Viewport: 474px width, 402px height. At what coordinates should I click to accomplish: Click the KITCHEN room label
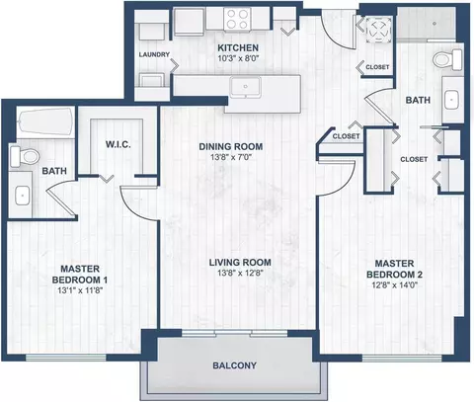tap(238, 48)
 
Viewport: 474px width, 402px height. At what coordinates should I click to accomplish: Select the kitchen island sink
tap(246, 87)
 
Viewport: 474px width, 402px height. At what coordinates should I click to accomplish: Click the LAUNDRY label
tap(154, 54)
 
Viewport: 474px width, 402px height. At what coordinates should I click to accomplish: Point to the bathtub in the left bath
tap(46, 121)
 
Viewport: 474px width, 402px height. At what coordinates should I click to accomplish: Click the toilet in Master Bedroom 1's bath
tap(24, 156)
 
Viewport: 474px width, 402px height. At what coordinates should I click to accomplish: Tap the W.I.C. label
tap(118, 144)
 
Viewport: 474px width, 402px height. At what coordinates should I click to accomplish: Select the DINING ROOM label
tap(231, 146)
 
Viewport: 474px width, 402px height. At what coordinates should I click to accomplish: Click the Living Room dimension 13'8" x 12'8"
tap(240, 273)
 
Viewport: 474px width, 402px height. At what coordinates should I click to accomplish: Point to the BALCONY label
tap(234, 365)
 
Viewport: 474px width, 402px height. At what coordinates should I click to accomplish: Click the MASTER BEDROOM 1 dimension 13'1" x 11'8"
tap(80, 290)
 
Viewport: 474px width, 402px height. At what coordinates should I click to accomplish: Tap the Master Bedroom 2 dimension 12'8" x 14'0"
tap(394, 284)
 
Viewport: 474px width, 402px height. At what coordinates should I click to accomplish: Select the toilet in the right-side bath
tap(447, 59)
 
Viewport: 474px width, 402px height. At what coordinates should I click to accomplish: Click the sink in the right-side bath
tap(451, 100)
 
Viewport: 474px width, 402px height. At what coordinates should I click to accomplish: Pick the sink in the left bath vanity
tap(23, 196)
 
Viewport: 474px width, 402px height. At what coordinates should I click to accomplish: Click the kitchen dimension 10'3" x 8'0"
tap(238, 59)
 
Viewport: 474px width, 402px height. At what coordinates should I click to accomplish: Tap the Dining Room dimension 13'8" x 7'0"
tap(231, 157)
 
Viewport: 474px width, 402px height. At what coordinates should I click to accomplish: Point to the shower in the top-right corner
tap(427, 24)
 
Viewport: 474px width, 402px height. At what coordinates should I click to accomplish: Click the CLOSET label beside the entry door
tap(377, 67)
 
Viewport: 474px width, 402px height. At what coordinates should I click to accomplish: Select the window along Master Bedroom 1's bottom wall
tap(66, 358)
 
